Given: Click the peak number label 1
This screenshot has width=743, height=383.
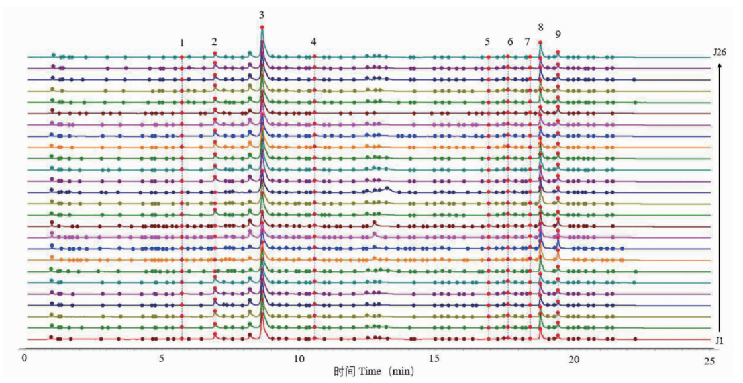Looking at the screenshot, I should click(x=182, y=43).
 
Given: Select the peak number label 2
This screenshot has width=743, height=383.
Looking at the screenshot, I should click(x=214, y=42).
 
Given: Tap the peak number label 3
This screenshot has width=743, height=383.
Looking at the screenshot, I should click(x=262, y=15).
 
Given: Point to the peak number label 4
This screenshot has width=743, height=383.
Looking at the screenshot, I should click(x=313, y=42).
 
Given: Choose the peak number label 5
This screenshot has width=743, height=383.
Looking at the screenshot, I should click(x=487, y=42).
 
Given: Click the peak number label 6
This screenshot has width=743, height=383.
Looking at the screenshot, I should click(x=510, y=42).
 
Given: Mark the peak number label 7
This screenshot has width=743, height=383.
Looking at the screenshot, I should click(x=528, y=42).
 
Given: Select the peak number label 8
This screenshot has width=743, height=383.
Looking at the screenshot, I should click(x=541, y=27).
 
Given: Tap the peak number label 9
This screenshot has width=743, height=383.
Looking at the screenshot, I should click(x=558, y=34).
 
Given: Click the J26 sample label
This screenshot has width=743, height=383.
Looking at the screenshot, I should click(x=720, y=51).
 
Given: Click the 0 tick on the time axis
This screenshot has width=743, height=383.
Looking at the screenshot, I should click(x=25, y=359).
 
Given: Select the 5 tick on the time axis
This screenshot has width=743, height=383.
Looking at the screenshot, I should click(x=162, y=359).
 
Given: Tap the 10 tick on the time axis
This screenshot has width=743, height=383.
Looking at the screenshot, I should click(x=298, y=359).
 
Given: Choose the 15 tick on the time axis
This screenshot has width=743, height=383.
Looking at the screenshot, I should click(x=435, y=359).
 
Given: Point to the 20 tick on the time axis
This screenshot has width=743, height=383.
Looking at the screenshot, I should click(x=573, y=359).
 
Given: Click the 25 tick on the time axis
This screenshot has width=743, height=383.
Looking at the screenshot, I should click(x=709, y=359).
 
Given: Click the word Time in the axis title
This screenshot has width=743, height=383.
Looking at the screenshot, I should click(x=370, y=372).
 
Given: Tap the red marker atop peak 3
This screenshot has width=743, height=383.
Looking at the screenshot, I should click(x=262, y=27).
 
